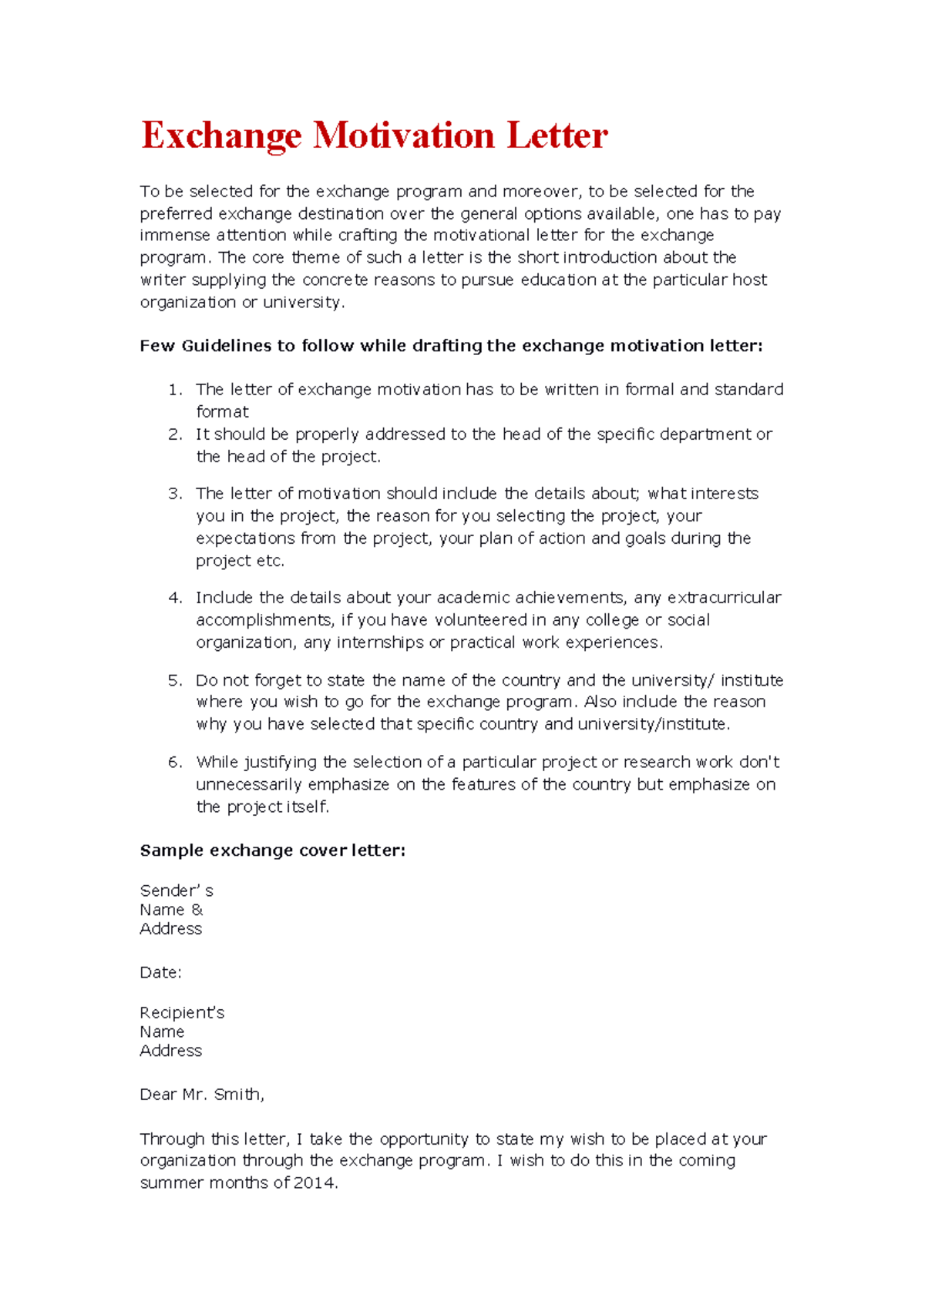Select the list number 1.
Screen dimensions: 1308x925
[174, 390]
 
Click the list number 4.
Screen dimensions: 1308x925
[174, 598]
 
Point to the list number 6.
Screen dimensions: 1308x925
[174, 763]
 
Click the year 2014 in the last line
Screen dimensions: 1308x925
[315, 1183]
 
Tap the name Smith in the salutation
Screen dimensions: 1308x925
[238, 1095]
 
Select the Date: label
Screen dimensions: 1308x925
[160, 973]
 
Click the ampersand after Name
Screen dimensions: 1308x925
[197, 910]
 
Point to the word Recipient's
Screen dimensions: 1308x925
[182, 1013]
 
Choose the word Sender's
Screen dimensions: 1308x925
[177, 891]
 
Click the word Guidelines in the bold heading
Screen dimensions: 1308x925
[227, 346]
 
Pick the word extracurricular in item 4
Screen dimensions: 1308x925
[724, 598]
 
